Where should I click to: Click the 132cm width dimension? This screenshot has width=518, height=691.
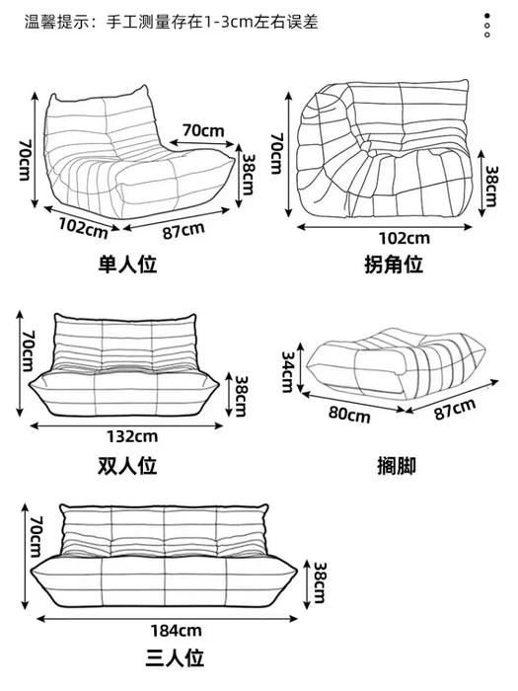coord(132,436)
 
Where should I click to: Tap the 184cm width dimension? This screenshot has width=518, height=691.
coord(177,630)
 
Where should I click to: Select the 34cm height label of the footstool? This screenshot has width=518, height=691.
coord(288,371)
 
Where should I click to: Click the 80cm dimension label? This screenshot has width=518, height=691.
coord(349,415)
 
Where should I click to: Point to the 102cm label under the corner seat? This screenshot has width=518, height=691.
coord(405,238)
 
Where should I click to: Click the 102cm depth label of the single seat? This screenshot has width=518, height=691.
coord(83,228)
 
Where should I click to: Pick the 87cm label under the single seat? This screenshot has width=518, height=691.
coord(184,230)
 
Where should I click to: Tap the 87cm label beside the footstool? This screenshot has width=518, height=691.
coord(455,409)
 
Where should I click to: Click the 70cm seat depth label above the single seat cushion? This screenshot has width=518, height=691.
coord(203,130)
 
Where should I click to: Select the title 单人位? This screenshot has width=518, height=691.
coord(127,265)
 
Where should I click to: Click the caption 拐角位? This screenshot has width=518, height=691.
coord(394,265)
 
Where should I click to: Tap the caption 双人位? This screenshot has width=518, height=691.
coord(127,466)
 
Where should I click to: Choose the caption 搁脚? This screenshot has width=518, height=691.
coord(397,466)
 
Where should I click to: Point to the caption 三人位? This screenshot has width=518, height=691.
coord(175,658)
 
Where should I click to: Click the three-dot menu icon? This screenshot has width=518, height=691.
coord(486,25)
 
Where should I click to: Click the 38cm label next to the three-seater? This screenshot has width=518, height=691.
coord(320,582)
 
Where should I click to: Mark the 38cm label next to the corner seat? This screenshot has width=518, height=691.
coord(492,186)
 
